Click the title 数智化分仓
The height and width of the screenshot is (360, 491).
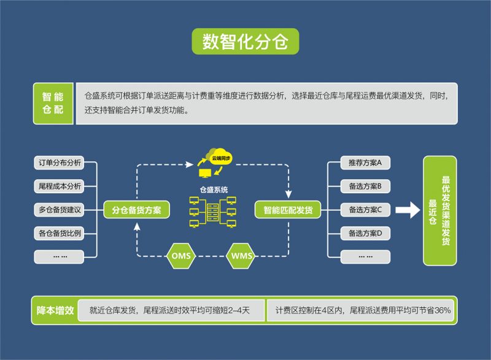tap(245, 41)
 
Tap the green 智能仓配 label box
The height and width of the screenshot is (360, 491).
tap(53, 103)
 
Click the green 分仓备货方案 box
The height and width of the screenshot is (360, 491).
tap(136, 210)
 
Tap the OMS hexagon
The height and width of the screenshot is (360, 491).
tap(182, 255)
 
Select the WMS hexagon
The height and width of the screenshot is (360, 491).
tap(242, 255)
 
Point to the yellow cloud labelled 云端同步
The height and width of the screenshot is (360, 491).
tap(220, 157)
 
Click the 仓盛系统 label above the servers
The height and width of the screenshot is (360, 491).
tap(214, 190)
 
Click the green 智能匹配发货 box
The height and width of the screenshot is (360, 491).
tap(288, 210)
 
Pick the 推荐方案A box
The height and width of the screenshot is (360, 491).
tap(365, 163)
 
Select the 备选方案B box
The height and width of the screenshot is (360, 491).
tap(365, 186)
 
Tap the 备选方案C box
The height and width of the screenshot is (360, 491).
tap(365, 210)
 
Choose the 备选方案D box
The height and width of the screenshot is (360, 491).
tap(365, 233)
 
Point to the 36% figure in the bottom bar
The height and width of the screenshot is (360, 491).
tap(442, 311)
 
